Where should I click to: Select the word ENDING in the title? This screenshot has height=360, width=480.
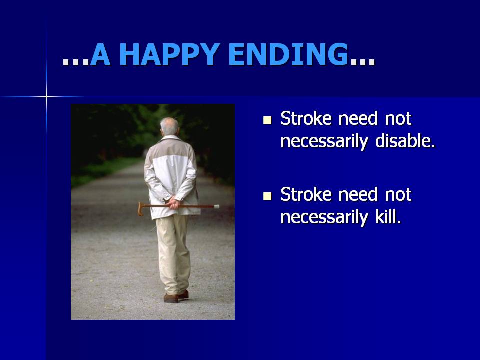click(288, 55)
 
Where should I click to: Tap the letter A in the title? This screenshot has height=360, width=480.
click(100, 55)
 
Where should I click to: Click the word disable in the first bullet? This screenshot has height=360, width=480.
click(405, 141)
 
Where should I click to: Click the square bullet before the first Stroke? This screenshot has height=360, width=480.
click(267, 120)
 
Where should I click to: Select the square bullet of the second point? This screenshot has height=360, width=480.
click(267, 196)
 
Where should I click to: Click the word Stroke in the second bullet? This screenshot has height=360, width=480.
click(306, 194)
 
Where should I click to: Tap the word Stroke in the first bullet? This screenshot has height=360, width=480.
click(306, 118)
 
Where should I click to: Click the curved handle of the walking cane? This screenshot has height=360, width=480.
click(140, 209)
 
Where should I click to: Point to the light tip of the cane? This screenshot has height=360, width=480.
click(216, 206)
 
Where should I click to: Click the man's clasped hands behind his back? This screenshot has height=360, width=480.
click(174, 203)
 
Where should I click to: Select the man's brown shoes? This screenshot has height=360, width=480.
click(176, 297)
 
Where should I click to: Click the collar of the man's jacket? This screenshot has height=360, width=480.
click(171, 138)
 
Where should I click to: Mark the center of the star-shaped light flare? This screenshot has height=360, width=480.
click(46, 97)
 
